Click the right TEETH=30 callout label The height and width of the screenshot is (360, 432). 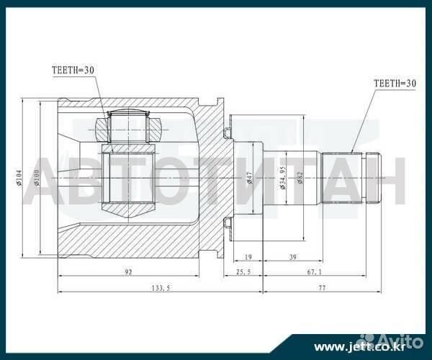[395, 84]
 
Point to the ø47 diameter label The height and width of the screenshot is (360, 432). [249, 178]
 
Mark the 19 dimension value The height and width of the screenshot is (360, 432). [248, 257]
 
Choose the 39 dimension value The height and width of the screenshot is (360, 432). [292, 257]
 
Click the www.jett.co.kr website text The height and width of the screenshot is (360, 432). [348, 346]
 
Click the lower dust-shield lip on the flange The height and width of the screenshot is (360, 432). [228, 226]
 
